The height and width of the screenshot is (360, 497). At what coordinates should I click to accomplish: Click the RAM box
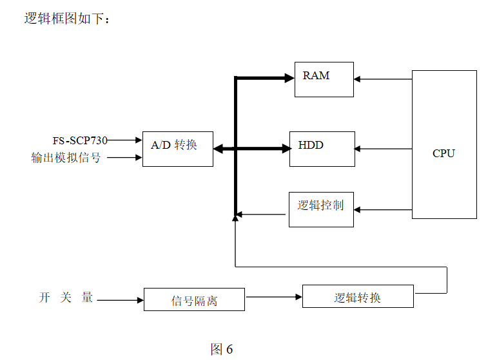point(324,79)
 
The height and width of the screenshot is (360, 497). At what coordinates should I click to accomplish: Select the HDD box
point(322,149)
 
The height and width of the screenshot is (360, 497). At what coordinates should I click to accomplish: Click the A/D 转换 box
point(177,149)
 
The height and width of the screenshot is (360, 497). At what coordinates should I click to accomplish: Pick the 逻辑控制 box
point(320,209)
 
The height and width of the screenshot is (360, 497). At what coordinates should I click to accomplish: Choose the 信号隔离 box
point(194,299)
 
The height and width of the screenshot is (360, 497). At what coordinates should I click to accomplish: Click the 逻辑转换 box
point(358,296)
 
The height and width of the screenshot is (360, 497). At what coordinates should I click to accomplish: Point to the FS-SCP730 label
point(80,140)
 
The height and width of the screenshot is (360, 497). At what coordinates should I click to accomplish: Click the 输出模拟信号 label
point(66,157)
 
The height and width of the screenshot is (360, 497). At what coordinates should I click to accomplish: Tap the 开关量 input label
point(66,298)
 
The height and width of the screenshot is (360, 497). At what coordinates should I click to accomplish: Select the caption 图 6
point(221,350)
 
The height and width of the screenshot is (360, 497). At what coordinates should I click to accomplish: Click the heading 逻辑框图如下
point(67,19)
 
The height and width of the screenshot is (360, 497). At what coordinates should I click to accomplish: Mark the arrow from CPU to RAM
point(383,79)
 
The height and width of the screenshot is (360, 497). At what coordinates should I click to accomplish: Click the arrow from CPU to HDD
point(383,149)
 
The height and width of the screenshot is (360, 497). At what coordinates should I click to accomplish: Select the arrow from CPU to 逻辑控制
point(383,209)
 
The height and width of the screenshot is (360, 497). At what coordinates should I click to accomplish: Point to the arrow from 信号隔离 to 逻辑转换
point(273,297)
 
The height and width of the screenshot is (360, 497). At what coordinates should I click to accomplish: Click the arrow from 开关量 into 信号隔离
point(120,300)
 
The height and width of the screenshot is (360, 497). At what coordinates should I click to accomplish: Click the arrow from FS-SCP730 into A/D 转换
point(125,140)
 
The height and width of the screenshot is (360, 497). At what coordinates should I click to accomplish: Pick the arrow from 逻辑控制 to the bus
point(260,214)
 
